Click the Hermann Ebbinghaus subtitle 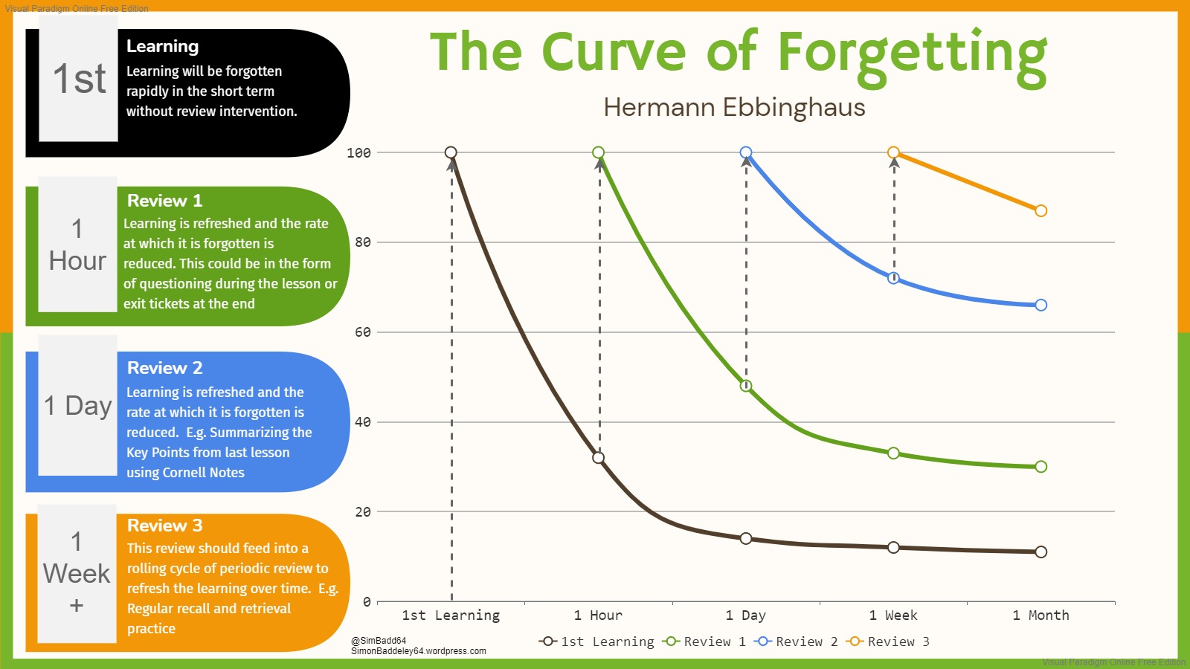pyautogui.click(x=734, y=108)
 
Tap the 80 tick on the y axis pyautogui.click(x=362, y=242)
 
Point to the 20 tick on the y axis pyautogui.click(x=362, y=512)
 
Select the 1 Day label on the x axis pyautogui.click(x=745, y=615)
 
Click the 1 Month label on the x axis pyautogui.click(x=1041, y=615)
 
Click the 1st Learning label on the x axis pyautogui.click(x=451, y=615)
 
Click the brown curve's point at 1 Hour pyautogui.click(x=599, y=458)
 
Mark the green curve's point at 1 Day pyautogui.click(x=746, y=386)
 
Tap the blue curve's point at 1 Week pyautogui.click(x=894, y=278)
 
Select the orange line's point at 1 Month pyautogui.click(x=1041, y=211)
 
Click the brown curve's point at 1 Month pyautogui.click(x=1041, y=552)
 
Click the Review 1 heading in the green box pyautogui.click(x=164, y=201)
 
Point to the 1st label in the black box pyautogui.click(x=79, y=79)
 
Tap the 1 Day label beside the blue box pyautogui.click(x=77, y=406)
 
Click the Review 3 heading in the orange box pyautogui.click(x=164, y=526)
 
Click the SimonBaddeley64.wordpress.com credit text pyautogui.click(x=419, y=651)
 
